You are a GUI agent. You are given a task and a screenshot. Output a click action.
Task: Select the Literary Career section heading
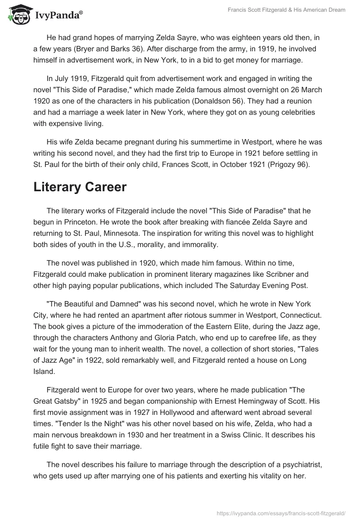(x=80, y=188)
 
